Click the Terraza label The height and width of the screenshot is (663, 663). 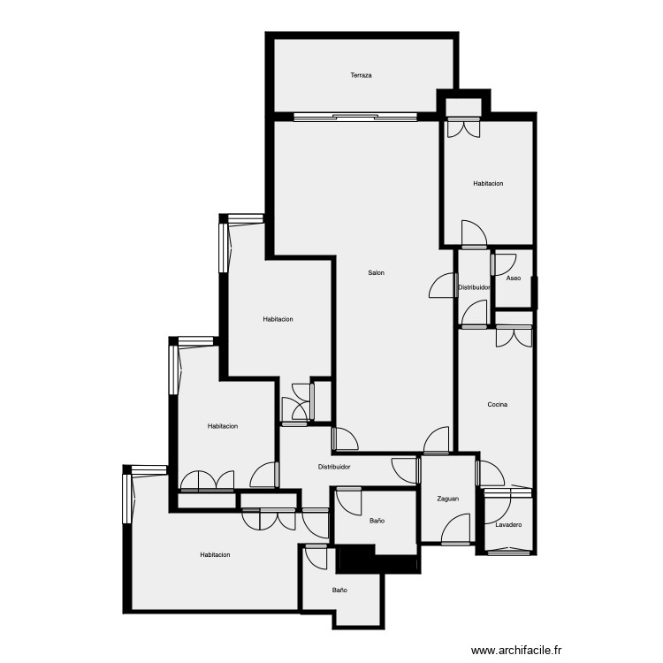(361, 76)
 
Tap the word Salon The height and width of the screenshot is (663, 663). (377, 272)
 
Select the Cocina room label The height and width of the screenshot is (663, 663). (498, 405)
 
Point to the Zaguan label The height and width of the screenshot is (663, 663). (448, 499)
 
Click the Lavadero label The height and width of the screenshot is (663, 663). (508, 525)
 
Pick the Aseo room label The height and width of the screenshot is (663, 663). (514, 278)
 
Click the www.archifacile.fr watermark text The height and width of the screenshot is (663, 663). (517, 650)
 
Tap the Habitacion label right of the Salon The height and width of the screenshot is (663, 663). (488, 184)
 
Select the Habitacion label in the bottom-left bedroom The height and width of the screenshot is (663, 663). (215, 554)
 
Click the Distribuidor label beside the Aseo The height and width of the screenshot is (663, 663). (474, 287)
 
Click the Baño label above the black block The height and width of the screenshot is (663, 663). (377, 521)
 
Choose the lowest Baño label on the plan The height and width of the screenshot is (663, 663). (339, 590)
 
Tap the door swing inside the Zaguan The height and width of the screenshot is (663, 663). (456, 530)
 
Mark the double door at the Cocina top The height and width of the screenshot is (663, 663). (514, 336)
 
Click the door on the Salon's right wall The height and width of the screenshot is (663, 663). (441, 286)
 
